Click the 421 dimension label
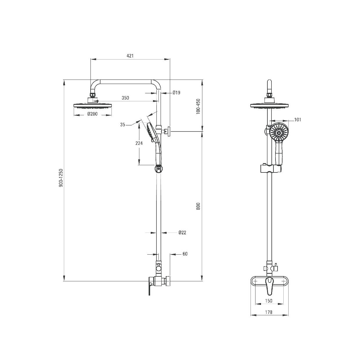click(x=130, y=56)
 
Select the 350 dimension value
click(x=125, y=98)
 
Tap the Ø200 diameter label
click(x=93, y=114)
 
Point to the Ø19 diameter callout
click(x=176, y=93)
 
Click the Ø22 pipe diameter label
click(x=182, y=232)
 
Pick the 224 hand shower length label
click(x=139, y=143)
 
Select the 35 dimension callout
click(x=123, y=125)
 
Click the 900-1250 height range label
click(x=61, y=178)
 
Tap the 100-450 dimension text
click(x=198, y=107)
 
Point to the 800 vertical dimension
click(x=198, y=206)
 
